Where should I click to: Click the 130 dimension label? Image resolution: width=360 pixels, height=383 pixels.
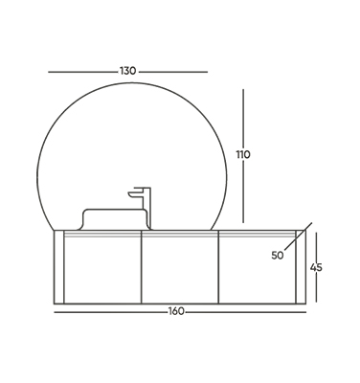(x=128, y=71)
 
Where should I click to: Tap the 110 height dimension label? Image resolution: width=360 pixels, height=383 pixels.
(x=243, y=155)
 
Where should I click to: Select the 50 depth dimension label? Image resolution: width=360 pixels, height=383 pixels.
(x=278, y=256)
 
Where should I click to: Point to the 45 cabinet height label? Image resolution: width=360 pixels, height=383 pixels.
(x=316, y=267)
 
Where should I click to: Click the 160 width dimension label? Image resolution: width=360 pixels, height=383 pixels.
(x=176, y=311)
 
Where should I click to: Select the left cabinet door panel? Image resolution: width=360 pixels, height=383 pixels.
(x=102, y=267)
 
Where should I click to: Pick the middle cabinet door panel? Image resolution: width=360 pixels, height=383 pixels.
(x=180, y=267)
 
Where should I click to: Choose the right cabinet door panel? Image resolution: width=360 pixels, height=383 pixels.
(x=258, y=267)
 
